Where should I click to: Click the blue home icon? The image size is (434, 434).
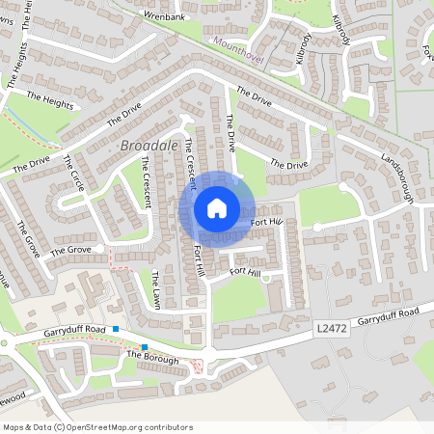217,207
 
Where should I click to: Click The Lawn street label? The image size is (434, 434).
154,288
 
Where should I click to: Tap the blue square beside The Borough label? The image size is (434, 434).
144,347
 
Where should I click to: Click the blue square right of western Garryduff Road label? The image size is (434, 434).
116,330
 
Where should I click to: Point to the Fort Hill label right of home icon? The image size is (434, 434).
267,224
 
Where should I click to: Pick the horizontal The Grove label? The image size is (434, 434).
69,251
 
